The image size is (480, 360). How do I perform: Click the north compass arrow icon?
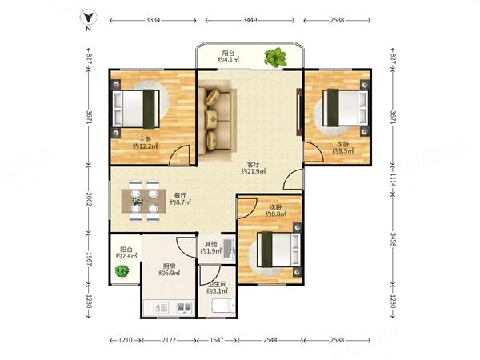click(89, 18)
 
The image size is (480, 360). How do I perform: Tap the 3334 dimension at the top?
click(153, 21)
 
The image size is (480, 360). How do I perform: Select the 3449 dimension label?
click(250, 21)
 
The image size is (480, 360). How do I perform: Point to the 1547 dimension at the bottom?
click(217, 340)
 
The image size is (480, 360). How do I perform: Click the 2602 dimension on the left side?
click(89, 199)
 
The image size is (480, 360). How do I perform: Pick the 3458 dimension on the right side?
click(393, 239)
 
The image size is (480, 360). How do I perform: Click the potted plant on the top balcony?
click(275, 58)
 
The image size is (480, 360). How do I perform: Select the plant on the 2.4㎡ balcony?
click(122, 271)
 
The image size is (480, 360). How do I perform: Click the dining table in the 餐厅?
click(144, 201)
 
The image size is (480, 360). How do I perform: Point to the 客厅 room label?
click(253, 164)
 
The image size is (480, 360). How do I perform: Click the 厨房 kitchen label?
click(169, 266)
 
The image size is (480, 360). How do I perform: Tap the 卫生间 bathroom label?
click(217, 284)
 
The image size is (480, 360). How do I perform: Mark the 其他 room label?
click(210, 244)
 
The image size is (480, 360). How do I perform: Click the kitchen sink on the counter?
click(161, 307)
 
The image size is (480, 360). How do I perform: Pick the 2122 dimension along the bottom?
click(169, 340)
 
